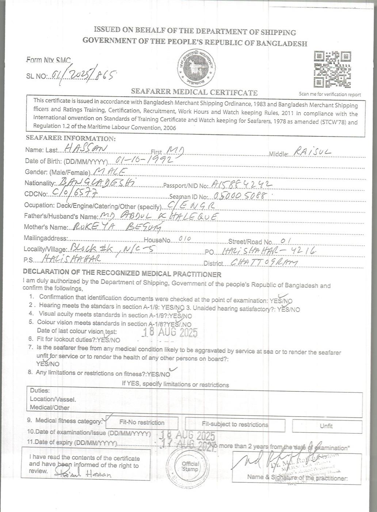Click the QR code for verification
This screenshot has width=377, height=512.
point(332,69)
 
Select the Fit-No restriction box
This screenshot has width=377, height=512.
point(142,422)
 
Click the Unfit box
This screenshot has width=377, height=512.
point(326,426)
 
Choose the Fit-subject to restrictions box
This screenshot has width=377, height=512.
point(235,425)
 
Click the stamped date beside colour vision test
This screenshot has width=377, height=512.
point(170,332)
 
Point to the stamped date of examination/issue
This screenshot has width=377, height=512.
point(188,436)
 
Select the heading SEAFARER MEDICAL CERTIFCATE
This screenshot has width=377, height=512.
point(194,93)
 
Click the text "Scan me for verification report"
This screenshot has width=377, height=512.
point(330,94)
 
